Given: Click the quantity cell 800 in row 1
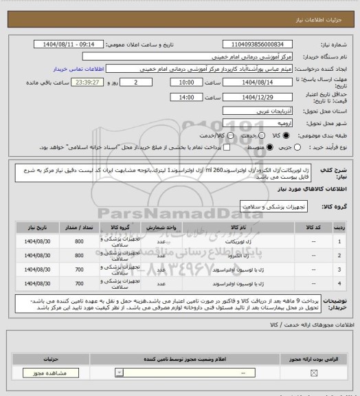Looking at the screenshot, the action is click(x=79, y=241).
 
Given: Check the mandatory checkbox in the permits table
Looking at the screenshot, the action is click(x=315, y=373).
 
